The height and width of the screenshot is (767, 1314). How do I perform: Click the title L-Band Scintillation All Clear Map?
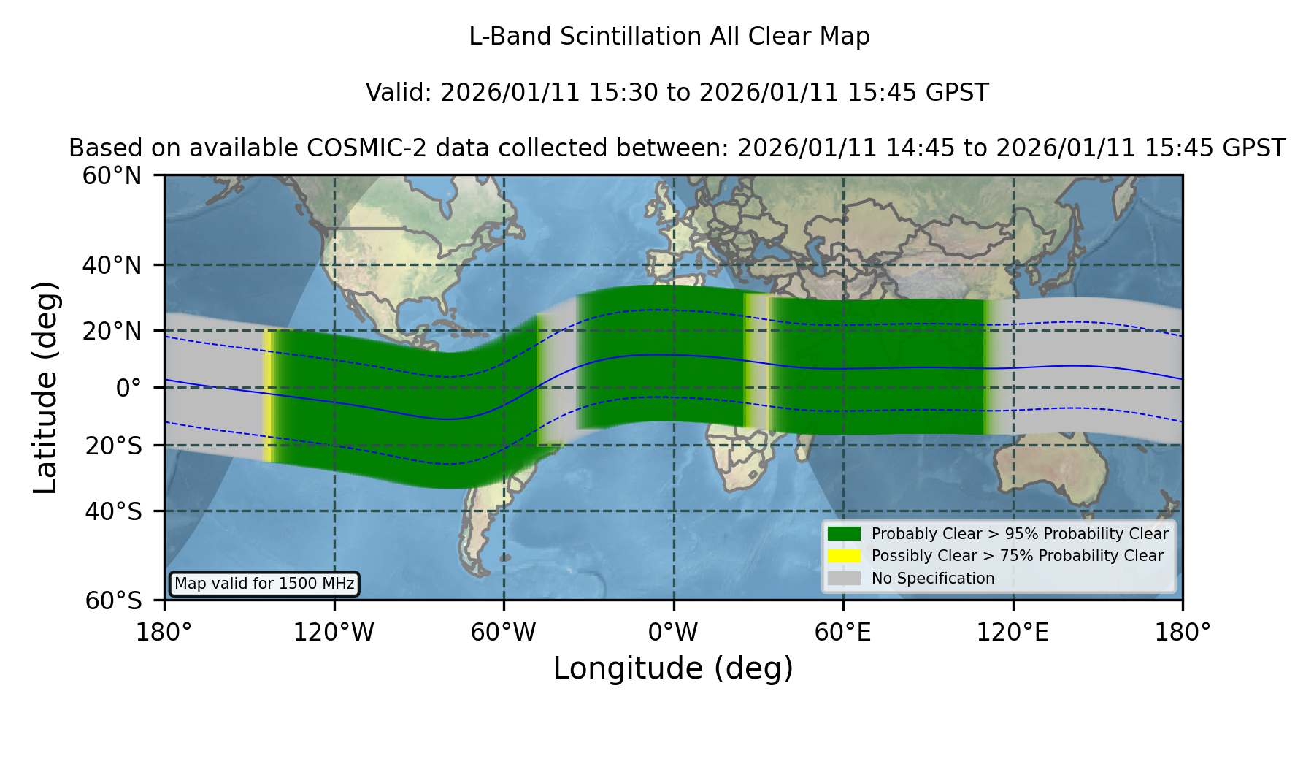pos(669,37)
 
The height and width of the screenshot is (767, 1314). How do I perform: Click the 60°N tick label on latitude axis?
pos(112,175)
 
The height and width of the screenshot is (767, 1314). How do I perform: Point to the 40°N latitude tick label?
pos(112,265)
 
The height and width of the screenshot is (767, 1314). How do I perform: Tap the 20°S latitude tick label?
pos(113,445)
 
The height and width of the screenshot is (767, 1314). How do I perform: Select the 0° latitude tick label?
pos(128,387)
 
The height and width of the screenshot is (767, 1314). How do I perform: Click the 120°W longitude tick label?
pos(334,633)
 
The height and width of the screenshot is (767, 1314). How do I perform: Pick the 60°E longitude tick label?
pos(843,633)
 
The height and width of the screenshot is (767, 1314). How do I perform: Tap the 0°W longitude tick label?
pos(673,633)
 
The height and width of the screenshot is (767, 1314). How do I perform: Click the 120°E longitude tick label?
pos(1013,633)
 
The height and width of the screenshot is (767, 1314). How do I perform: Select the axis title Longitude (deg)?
pos(673,668)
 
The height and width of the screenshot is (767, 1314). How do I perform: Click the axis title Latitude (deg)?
pos(45,387)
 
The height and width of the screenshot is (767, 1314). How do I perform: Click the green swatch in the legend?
pos(844,534)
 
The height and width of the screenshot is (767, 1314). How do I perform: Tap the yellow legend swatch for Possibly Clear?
pos(844,556)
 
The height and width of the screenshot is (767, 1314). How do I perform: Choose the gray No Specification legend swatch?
pos(844,579)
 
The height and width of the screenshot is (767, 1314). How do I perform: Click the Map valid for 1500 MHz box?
pos(264,584)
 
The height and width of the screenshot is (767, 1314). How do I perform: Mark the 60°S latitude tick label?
pos(113,600)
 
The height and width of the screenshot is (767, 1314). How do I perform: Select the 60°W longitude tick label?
pos(504,633)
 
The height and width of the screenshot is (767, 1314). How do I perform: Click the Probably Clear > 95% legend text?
pos(1020,534)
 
